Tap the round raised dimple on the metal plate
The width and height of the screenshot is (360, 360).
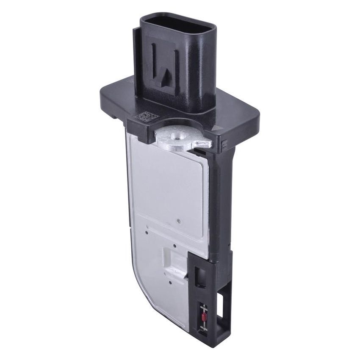point(179,220)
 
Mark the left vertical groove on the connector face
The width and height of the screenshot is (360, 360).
point(155,64)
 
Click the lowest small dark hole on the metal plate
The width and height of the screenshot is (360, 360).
point(169,282)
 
